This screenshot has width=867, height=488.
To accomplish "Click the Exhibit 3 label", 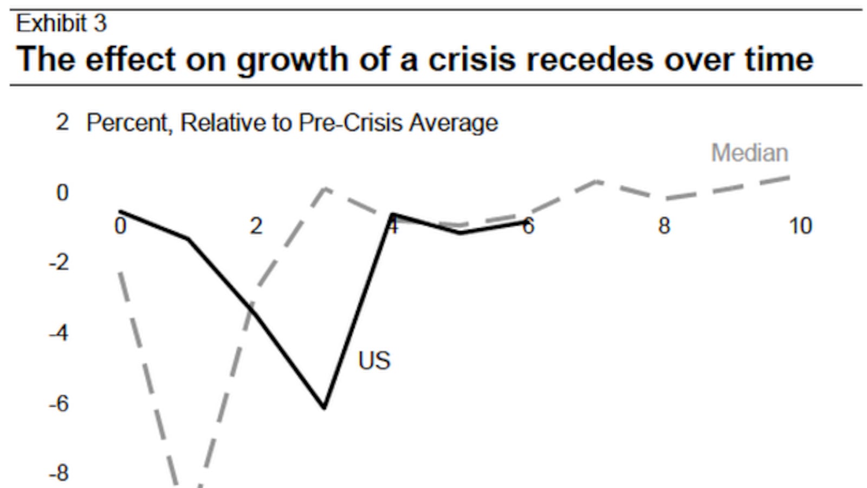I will [x=61, y=23].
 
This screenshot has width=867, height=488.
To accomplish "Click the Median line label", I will [x=749, y=153].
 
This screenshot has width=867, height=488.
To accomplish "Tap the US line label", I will [x=374, y=361].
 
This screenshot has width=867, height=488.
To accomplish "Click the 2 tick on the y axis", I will [x=62, y=123].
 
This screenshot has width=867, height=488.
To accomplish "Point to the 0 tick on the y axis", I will [x=62, y=192].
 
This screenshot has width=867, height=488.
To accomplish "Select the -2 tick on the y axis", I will [x=59, y=263].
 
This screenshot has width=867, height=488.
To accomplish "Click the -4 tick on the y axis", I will [x=59, y=333].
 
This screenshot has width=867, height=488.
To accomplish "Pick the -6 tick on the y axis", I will [x=59, y=403].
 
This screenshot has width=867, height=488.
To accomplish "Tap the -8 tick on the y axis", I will [x=59, y=473].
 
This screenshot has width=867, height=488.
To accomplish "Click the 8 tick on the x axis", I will [x=664, y=226].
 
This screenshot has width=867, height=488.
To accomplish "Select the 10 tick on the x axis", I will [x=800, y=226].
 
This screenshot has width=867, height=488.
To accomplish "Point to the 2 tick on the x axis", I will [x=256, y=226].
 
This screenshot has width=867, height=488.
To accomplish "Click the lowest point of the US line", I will [x=324, y=407].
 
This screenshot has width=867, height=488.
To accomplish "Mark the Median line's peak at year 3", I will [x=324, y=189].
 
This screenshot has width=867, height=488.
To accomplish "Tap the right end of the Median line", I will [x=788, y=177].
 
